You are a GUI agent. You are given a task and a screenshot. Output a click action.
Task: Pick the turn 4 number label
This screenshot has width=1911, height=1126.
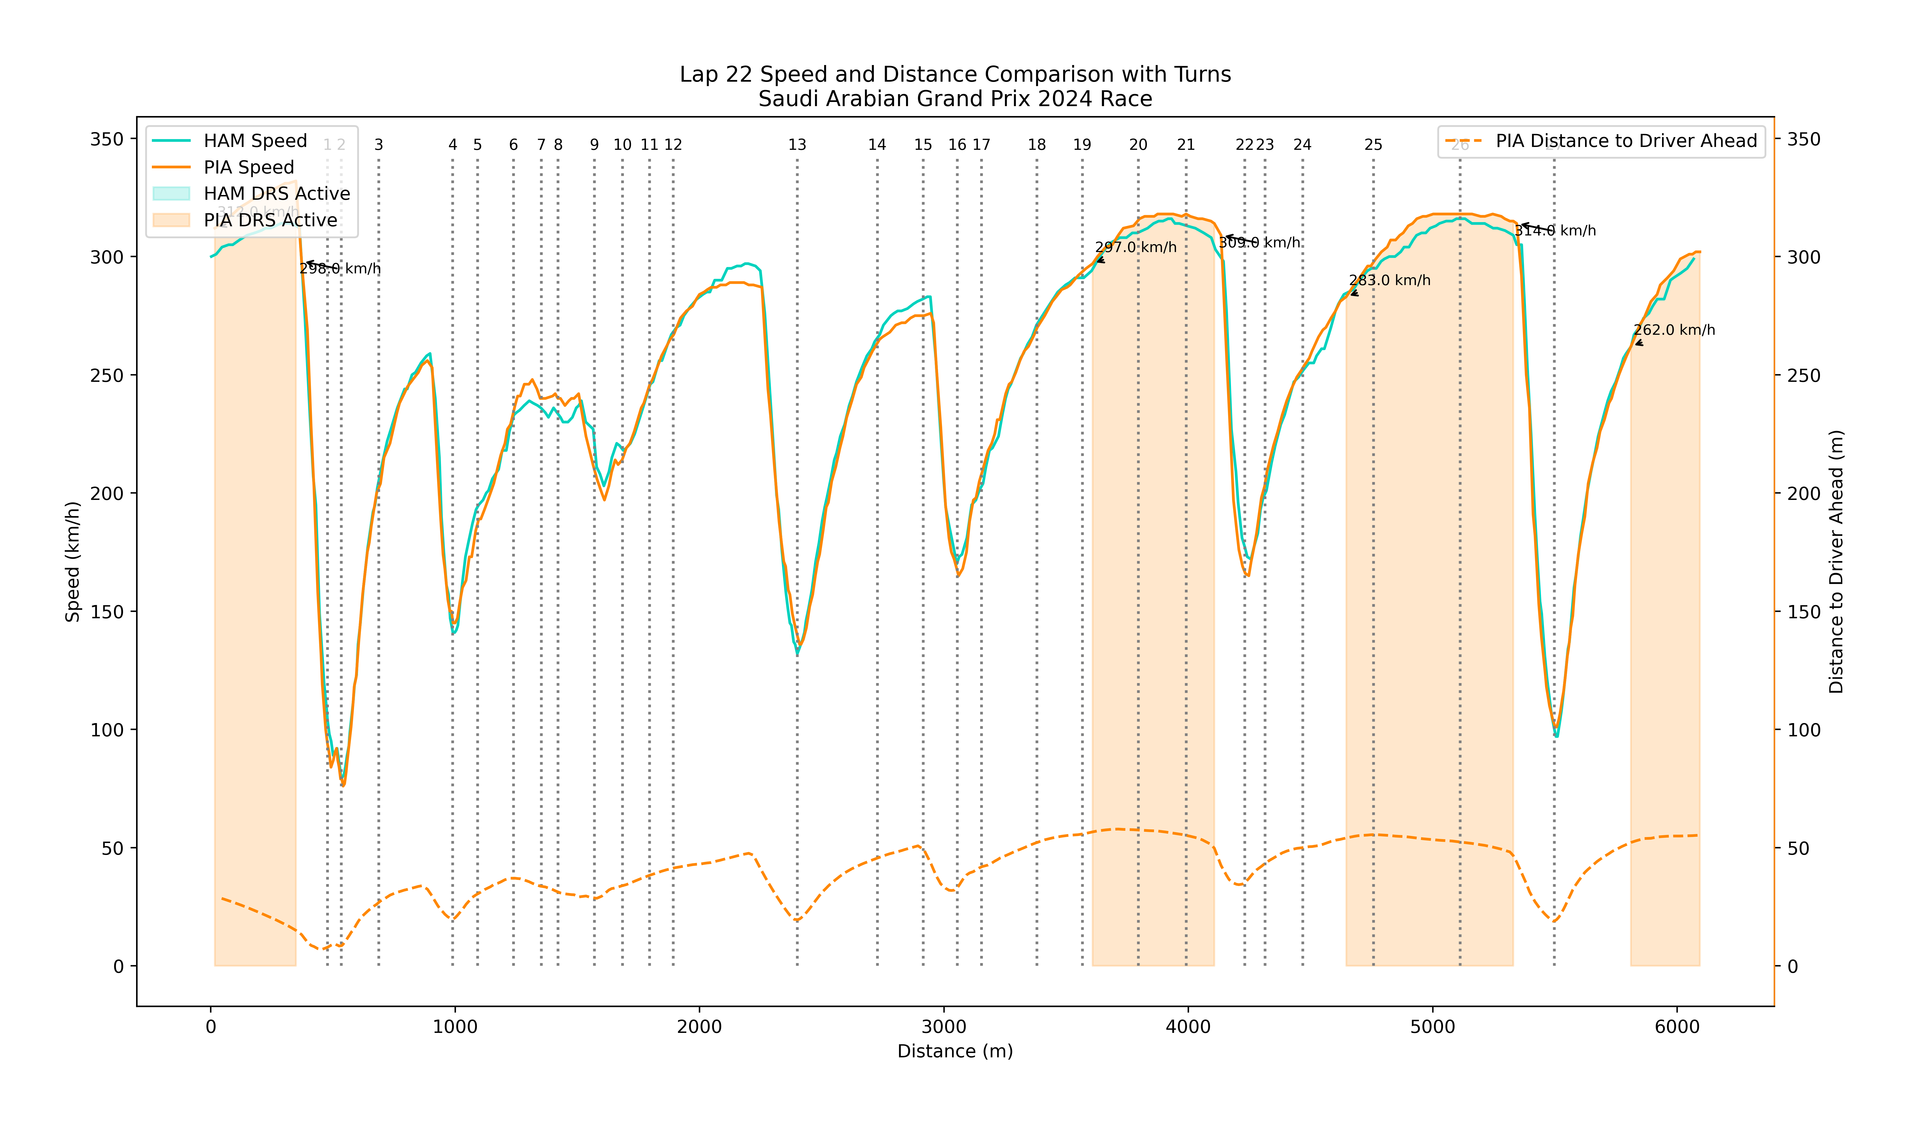pos(453,145)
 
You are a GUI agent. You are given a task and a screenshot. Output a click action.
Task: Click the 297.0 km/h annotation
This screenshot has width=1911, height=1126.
pos(1136,247)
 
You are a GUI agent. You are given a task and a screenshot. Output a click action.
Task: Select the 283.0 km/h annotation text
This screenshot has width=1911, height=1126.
pos(1390,281)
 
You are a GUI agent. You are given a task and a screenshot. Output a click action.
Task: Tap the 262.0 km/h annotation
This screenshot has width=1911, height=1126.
pos(1674,330)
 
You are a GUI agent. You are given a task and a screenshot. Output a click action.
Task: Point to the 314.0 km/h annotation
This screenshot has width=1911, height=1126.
pos(1555,231)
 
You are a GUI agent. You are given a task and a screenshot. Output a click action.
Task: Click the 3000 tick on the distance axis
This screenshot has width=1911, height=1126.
pos(944,1027)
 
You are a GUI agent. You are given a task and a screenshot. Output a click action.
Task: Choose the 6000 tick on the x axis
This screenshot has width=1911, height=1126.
pos(1677,1027)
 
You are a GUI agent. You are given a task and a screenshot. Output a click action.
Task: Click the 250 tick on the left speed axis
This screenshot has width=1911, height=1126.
pos(107,376)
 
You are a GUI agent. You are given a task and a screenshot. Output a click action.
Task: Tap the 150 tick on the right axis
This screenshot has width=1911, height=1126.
pos(1803,612)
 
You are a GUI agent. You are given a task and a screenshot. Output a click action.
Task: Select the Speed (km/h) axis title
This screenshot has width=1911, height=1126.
pos(73,562)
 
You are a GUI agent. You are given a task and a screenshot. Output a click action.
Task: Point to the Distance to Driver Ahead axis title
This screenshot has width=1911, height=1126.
pos(1836,562)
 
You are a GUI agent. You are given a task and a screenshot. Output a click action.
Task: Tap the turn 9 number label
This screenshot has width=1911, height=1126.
pos(594,145)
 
